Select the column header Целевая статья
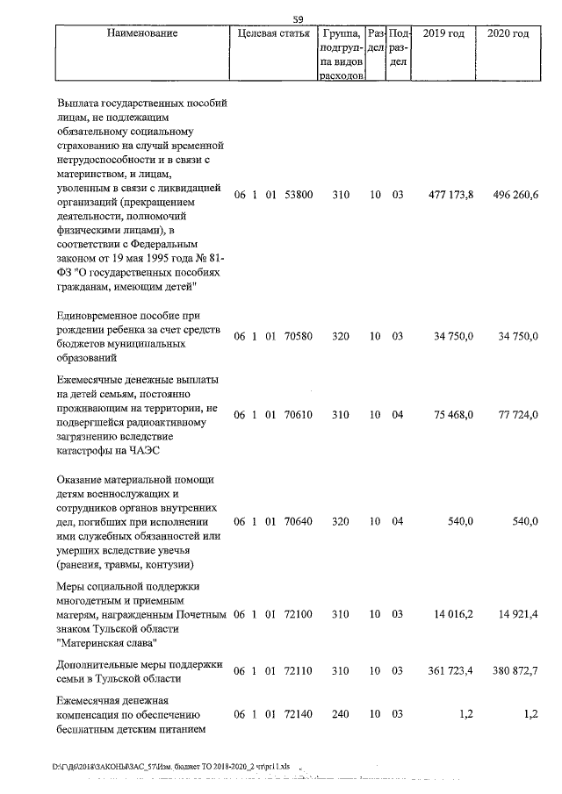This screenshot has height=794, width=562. pos(273,34)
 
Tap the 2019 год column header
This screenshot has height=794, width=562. pos(443,34)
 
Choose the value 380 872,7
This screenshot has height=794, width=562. pos(509,671)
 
